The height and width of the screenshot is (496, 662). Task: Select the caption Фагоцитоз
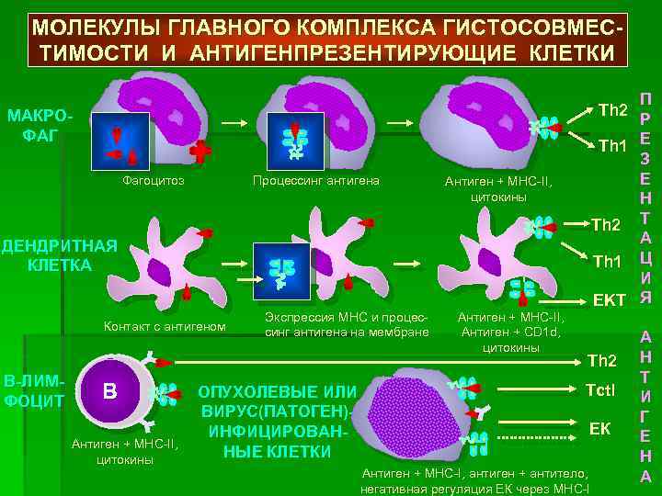(x=154, y=181)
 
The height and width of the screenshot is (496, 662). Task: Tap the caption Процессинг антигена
(x=316, y=181)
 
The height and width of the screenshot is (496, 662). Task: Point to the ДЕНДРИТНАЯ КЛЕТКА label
(x=57, y=255)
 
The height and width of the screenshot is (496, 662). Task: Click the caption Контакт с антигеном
(x=165, y=326)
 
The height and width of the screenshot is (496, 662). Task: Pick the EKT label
(x=609, y=300)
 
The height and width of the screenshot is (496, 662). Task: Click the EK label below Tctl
(x=599, y=429)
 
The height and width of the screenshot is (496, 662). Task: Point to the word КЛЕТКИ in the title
(x=558, y=51)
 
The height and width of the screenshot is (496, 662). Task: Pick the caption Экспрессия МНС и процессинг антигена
(x=347, y=324)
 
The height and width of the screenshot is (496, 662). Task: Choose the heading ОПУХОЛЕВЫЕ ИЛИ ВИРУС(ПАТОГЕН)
(x=277, y=400)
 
